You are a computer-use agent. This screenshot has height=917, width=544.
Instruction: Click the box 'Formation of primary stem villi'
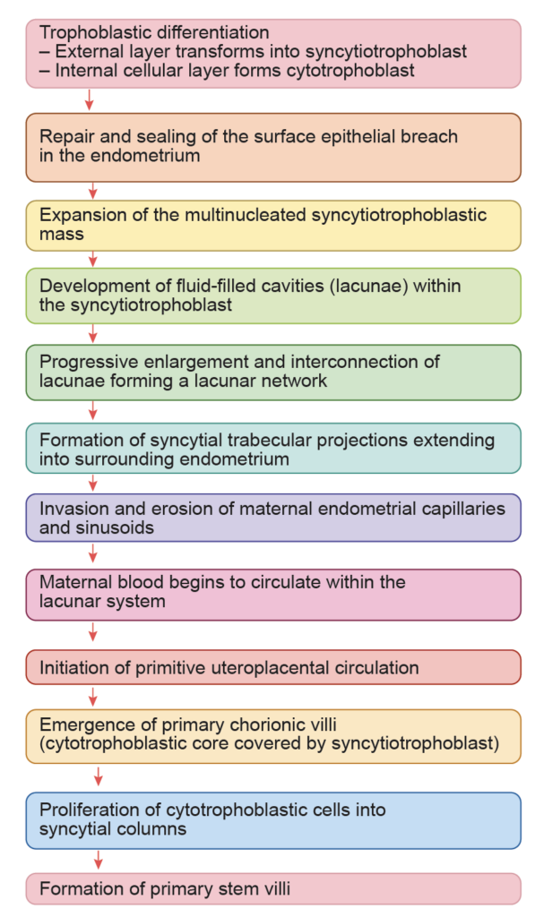tap(272, 889)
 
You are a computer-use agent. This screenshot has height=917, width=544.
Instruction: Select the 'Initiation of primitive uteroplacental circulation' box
tap(272, 667)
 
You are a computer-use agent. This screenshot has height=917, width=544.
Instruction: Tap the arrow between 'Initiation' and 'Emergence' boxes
tap(93, 697)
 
